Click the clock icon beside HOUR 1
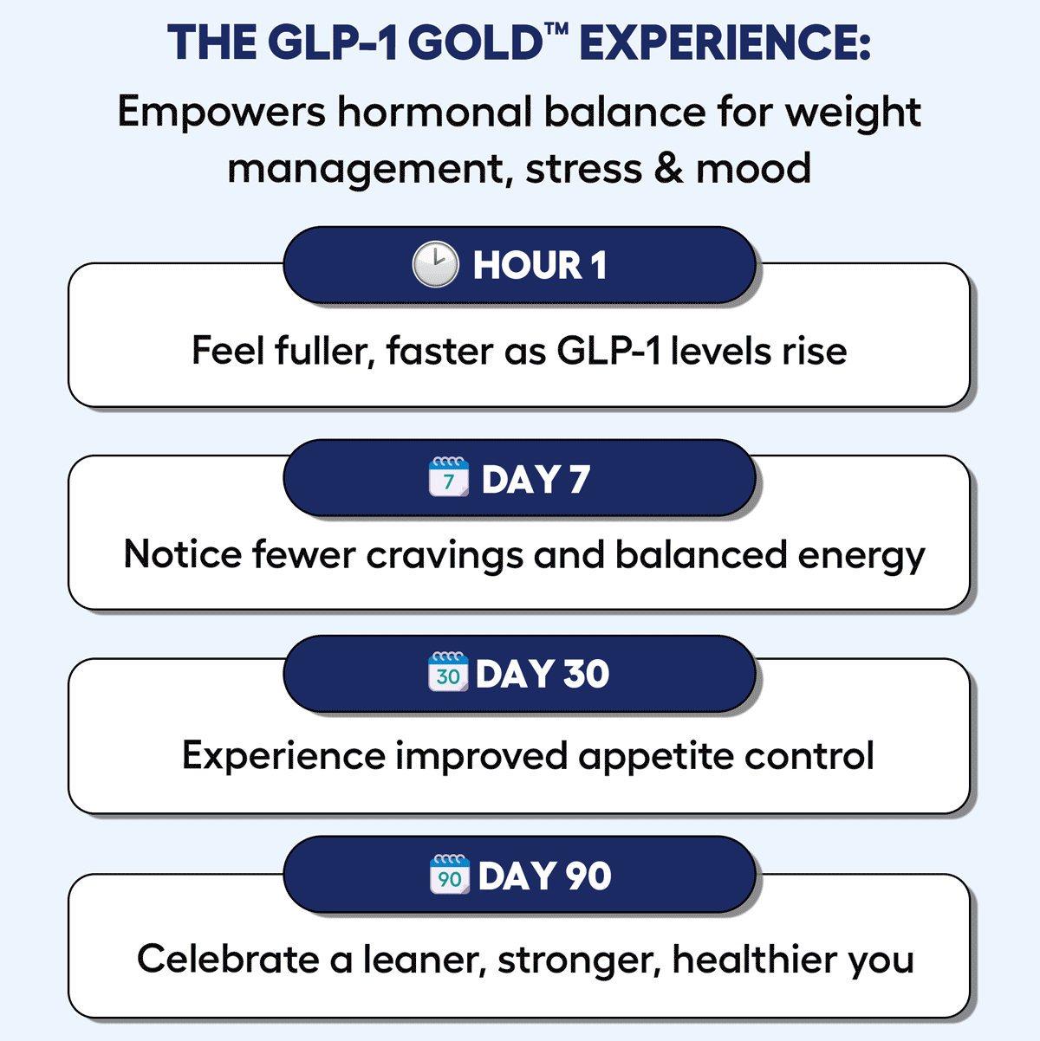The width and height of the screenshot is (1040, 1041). pos(435,264)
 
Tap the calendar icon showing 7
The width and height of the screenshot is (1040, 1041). pos(448,476)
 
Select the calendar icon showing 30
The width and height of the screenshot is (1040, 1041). pos(448,671)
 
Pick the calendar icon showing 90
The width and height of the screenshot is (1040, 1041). pos(450,875)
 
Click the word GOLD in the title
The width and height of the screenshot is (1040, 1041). pos(475,42)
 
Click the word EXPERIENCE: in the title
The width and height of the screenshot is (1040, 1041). pos(725,42)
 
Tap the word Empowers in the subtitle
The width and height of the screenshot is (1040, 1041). pos(221,113)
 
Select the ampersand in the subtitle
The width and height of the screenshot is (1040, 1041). pos(669,169)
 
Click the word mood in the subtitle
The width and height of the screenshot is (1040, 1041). pos(753,169)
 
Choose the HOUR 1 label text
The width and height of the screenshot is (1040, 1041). pos(540,265)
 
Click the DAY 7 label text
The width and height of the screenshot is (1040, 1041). pos(536,479)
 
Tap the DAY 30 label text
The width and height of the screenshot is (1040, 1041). pos(543,674)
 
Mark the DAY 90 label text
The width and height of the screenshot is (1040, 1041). pos(544,876)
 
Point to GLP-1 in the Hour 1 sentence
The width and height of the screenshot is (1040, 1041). pos(608,351)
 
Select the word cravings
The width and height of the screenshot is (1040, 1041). pos(445,556)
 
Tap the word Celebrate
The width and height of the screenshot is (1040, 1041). pos(228,960)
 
